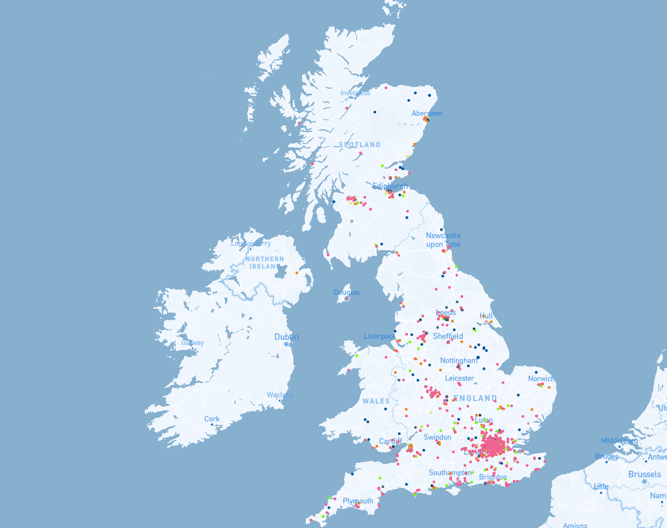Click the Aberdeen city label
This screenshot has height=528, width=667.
(427, 113)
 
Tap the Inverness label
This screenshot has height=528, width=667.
(355, 93)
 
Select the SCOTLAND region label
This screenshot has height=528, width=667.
(359, 145)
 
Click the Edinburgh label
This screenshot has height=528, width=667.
(390, 186)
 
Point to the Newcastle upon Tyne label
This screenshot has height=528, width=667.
(443, 240)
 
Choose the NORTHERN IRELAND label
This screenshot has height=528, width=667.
(265, 263)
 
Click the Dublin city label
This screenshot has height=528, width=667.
(287, 337)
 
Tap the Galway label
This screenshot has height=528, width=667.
(192, 343)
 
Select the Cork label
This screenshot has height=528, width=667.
(211, 419)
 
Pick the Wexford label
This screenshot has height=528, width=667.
(280, 395)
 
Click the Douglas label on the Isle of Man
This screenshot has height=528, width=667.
(346, 292)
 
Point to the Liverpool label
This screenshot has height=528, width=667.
(379, 336)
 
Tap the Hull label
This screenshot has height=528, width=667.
(486, 316)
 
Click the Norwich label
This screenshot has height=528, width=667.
(541, 379)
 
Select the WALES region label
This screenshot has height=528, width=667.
(376, 401)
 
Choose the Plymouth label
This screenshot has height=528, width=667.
(358, 501)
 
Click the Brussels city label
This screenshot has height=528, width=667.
(644, 474)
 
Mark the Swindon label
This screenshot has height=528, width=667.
(438, 437)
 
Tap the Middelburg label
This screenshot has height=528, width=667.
(620, 441)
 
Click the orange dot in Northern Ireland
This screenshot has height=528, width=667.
(297, 273)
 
